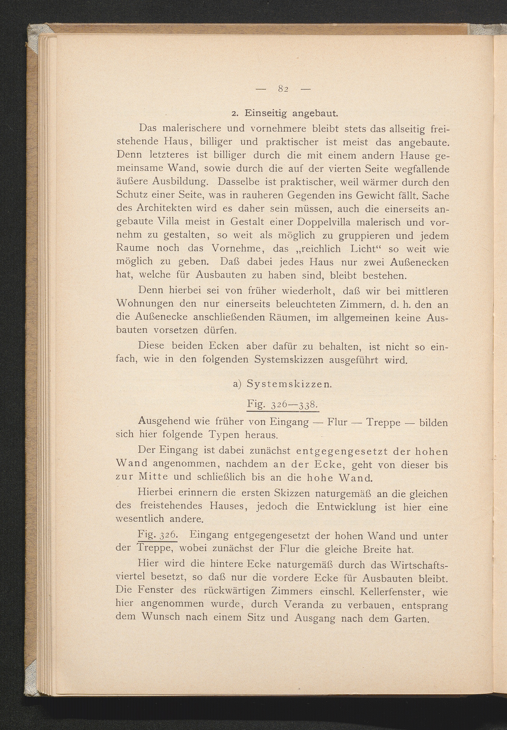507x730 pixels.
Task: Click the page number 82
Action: pos(283,89)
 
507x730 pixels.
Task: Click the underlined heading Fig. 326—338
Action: pos(282,405)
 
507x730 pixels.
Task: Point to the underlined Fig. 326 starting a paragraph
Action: pos(157,535)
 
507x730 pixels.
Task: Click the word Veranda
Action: pos(303,604)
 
